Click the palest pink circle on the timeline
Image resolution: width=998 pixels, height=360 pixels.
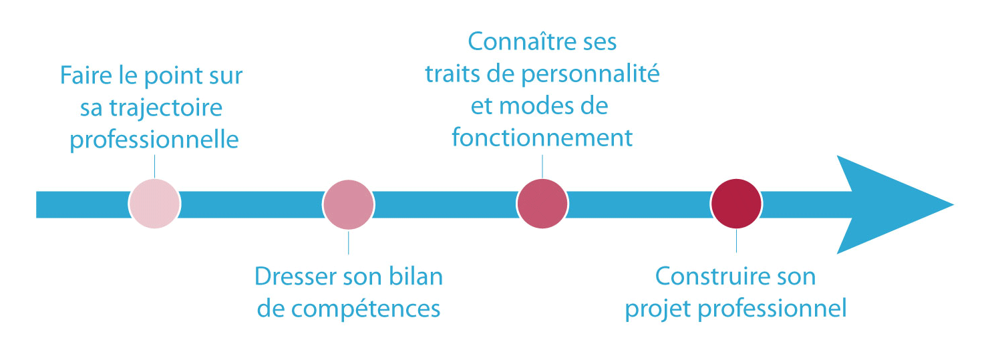click(x=154, y=204)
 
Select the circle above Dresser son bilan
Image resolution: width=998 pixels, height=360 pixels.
click(x=349, y=204)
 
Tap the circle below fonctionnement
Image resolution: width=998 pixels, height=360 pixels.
click(x=542, y=204)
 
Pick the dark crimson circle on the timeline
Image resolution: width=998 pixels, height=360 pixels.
click(x=736, y=204)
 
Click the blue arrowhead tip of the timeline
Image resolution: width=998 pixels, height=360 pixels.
click(x=953, y=205)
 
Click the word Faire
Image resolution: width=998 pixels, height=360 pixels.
click(x=86, y=75)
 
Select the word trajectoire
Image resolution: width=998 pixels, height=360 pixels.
click(x=166, y=109)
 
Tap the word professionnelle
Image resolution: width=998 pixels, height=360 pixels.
click(x=154, y=140)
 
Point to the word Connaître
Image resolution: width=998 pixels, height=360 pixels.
click(x=518, y=42)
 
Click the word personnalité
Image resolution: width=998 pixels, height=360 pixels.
click(x=591, y=74)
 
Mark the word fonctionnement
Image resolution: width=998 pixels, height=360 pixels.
click(x=542, y=137)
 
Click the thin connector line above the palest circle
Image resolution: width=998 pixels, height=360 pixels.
click(x=154, y=166)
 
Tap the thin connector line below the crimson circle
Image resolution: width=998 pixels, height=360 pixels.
click(x=736, y=241)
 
